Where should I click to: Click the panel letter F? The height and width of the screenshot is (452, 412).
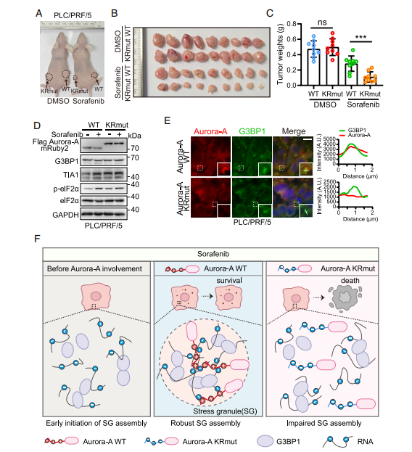pos(37,239)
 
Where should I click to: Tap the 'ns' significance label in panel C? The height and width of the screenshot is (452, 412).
pos(322,22)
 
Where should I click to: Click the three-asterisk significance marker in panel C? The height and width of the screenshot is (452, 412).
pos(360,37)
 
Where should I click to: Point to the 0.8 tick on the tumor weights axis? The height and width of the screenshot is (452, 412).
pos(292,24)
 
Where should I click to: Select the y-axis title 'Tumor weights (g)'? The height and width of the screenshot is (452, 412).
pos(280,54)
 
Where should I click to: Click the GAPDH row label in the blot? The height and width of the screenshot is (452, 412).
pos(65,215)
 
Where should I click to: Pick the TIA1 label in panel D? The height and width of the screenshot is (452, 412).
pos(70,175)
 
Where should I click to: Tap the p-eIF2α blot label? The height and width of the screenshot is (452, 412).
pos(66,189)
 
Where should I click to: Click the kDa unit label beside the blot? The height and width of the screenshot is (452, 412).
pos(134,136)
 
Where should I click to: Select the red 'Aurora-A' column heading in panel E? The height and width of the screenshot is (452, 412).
pos(210,131)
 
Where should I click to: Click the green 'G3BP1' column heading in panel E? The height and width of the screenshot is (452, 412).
pos(252,131)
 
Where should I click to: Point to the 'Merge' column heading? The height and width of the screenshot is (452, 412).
pos(294,131)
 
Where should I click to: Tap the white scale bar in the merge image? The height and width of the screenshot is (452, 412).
pos(308,139)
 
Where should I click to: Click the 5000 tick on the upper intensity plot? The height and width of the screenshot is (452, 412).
pos(330,139)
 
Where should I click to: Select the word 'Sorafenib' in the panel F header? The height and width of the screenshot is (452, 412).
pos(213,254)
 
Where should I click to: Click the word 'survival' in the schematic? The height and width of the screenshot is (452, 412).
pos(229,280)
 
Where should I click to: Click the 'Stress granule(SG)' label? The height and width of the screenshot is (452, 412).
pos(225,411)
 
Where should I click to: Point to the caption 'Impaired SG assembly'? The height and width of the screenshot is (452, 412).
pos(324,423)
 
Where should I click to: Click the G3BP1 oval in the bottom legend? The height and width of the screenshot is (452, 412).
pos(265,441)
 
